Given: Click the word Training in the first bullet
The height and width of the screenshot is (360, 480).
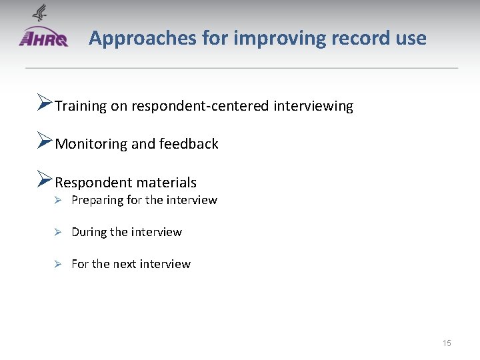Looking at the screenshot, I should pyautogui.click(x=81, y=106).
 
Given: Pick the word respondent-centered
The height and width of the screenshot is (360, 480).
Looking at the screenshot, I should pyautogui.click(x=201, y=106).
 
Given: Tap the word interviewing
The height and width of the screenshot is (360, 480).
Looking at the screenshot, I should pyautogui.click(x=313, y=106).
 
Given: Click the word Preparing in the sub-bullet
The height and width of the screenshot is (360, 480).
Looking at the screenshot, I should pyautogui.click(x=96, y=201).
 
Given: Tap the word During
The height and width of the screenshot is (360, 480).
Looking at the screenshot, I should pyautogui.click(x=89, y=232).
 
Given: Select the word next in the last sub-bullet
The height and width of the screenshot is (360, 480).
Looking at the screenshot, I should pyautogui.click(x=125, y=264).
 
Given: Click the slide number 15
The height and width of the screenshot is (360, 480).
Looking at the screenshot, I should pyautogui.click(x=447, y=343).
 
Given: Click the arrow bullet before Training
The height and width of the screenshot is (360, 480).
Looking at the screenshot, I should pyautogui.click(x=44, y=104).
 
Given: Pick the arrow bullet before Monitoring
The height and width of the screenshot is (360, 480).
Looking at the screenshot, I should pyautogui.click(x=44, y=142).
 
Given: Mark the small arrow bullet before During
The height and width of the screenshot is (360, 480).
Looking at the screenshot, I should pyautogui.click(x=58, y=232).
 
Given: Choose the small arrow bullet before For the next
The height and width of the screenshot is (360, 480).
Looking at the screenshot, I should pyautogui.click(x=58, y=264).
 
